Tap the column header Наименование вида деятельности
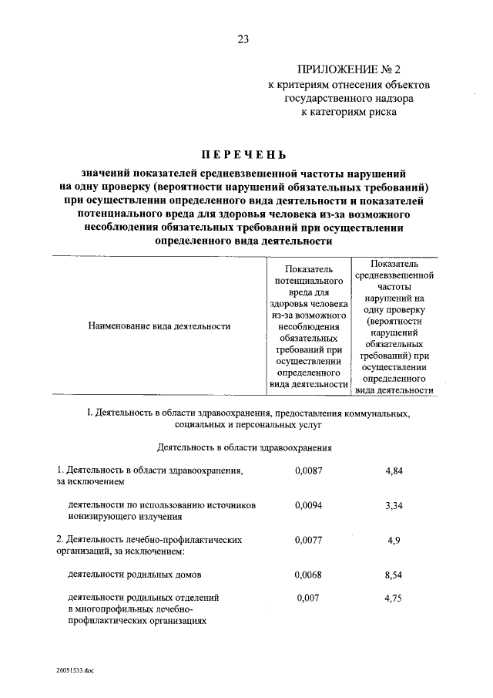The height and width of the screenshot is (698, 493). (x=160, y=326)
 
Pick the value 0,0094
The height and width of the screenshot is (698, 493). (x=307, y=505)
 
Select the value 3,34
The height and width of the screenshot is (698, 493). (x=394, y=505)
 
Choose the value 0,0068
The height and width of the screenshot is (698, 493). (x=307, y=575)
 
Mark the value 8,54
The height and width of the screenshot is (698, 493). (x=394, y=575)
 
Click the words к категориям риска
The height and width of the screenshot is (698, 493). (x=349, y=111)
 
